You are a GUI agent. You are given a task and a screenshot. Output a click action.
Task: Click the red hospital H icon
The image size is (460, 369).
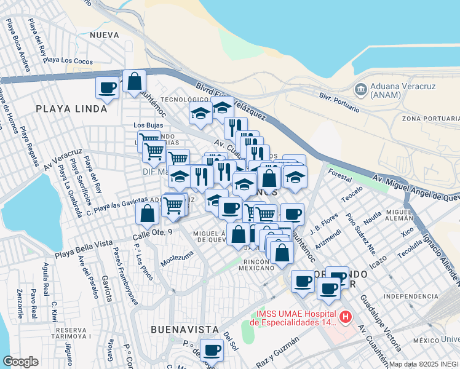[x=346, y=317]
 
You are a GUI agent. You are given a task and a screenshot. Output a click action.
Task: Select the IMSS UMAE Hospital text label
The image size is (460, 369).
[x=293, y=317]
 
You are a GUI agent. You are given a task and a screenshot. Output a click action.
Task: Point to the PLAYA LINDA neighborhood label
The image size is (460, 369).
[x=67, y=108]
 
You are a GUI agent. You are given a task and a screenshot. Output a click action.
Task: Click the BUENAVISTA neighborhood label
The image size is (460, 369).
[x=176, y=330]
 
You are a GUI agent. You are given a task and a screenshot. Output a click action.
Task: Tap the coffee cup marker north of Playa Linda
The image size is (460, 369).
[x=107, y=87]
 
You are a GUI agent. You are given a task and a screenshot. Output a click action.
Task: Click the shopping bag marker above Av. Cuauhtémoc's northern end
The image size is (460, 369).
[x=134, y=81]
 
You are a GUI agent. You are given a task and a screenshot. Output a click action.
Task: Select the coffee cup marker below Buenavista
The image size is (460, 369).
[x=212, y=350]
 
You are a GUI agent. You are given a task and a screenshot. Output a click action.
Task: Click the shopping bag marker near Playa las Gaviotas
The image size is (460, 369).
[x=147, y=213]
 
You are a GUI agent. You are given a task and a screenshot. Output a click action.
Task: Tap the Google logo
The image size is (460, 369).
[x=20, y=362]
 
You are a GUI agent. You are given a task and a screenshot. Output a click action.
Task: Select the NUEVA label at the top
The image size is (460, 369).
[x=103, y=35]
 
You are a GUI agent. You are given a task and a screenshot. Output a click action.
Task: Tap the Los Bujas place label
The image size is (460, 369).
[x=148, y=125]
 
